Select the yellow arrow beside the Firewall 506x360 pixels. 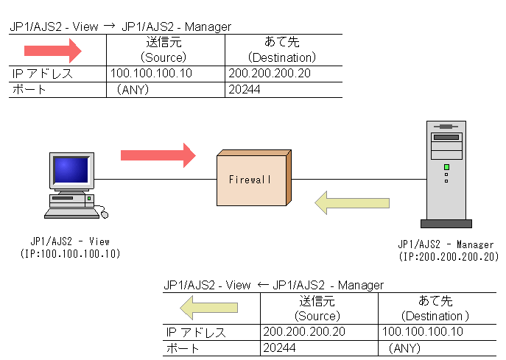point(352,202)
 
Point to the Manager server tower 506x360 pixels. point(446,172)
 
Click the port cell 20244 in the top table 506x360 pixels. point(245,90)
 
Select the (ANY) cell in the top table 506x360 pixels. point(133,90)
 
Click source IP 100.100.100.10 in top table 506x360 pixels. point(151,74)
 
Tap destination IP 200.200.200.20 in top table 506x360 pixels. point(270,74)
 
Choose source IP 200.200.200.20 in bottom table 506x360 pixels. point(304,332)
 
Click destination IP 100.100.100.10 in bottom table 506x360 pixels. point(423,332)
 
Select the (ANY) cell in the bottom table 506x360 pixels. point(404,347)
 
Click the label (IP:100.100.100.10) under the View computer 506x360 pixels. point(71,254)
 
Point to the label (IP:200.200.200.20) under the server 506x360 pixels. point(448,257)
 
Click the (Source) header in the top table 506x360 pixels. point(164,57)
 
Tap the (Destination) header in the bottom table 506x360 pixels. point(429,315)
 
